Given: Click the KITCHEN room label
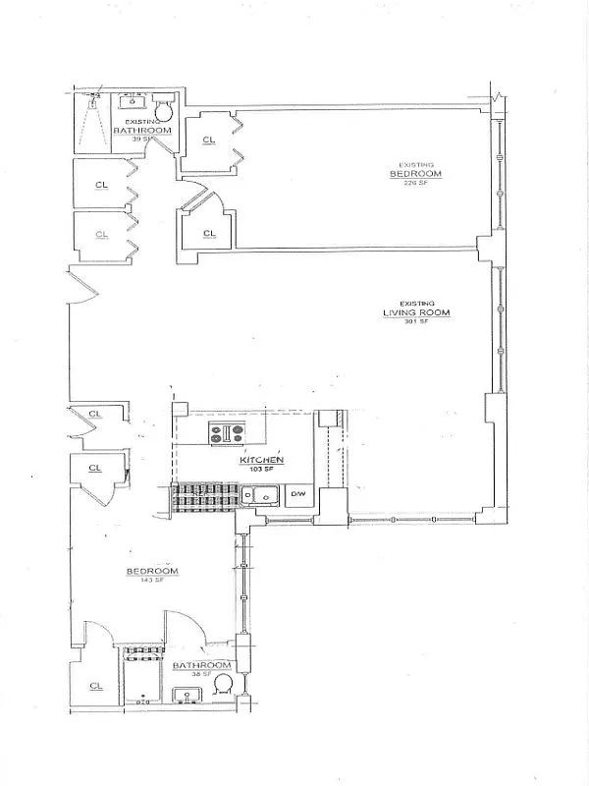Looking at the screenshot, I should point(262,460).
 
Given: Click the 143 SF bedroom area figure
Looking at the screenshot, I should point(151,581).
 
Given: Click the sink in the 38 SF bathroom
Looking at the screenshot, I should point(187,695).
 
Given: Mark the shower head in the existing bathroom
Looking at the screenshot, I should point(95,97).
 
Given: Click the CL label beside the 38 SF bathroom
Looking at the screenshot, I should point(94,686).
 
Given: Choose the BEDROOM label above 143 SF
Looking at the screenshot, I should point(151,571).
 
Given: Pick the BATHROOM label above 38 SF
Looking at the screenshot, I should point(201,665).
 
